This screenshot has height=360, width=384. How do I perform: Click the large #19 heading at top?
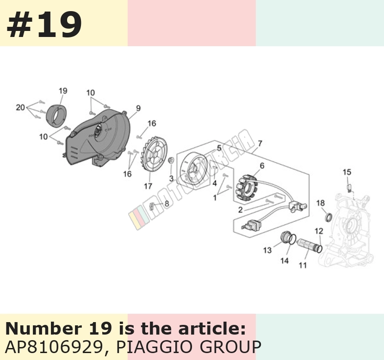click(44, 24)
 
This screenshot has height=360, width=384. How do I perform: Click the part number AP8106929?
click(54, 347)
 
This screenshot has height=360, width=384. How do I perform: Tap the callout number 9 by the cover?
click(138, 108)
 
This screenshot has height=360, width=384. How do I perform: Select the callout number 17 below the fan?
click(148, 186)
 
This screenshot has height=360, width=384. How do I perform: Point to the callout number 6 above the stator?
click(262, 166)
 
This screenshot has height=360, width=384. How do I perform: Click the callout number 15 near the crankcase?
click(347, 172)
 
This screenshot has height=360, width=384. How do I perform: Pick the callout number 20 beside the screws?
click(20, 107)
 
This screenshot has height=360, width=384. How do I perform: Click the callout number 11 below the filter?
click(303, 265)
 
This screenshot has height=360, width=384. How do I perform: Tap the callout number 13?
click(267, 250)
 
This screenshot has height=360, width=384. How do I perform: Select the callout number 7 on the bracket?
click(260, 143)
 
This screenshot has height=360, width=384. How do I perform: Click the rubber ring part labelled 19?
click(56, 116)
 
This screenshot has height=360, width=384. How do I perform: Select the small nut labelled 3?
click(171, 160)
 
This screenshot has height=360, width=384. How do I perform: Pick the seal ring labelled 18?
click(329, 217)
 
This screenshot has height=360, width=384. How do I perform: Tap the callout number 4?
click(215, 183)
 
